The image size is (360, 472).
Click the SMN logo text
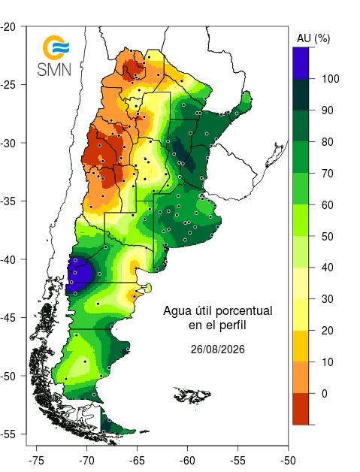54,70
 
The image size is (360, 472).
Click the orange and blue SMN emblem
56,47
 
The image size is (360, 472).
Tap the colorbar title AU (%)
313,38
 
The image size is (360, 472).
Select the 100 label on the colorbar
330,79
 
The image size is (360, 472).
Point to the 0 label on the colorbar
324,393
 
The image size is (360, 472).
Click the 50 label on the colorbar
327,236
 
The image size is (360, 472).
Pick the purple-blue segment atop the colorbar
301,63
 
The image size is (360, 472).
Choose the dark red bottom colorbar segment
301,409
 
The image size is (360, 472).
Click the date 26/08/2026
218,349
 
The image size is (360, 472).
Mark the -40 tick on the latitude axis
9,259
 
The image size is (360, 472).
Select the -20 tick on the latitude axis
9,26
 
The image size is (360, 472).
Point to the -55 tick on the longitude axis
237,461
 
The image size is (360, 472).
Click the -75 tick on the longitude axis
36,461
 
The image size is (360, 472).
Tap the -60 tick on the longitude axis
188,461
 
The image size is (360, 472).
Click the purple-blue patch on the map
78,274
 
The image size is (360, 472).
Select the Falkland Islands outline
192,395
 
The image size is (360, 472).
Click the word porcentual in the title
245,311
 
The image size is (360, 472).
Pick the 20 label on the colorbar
327,331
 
